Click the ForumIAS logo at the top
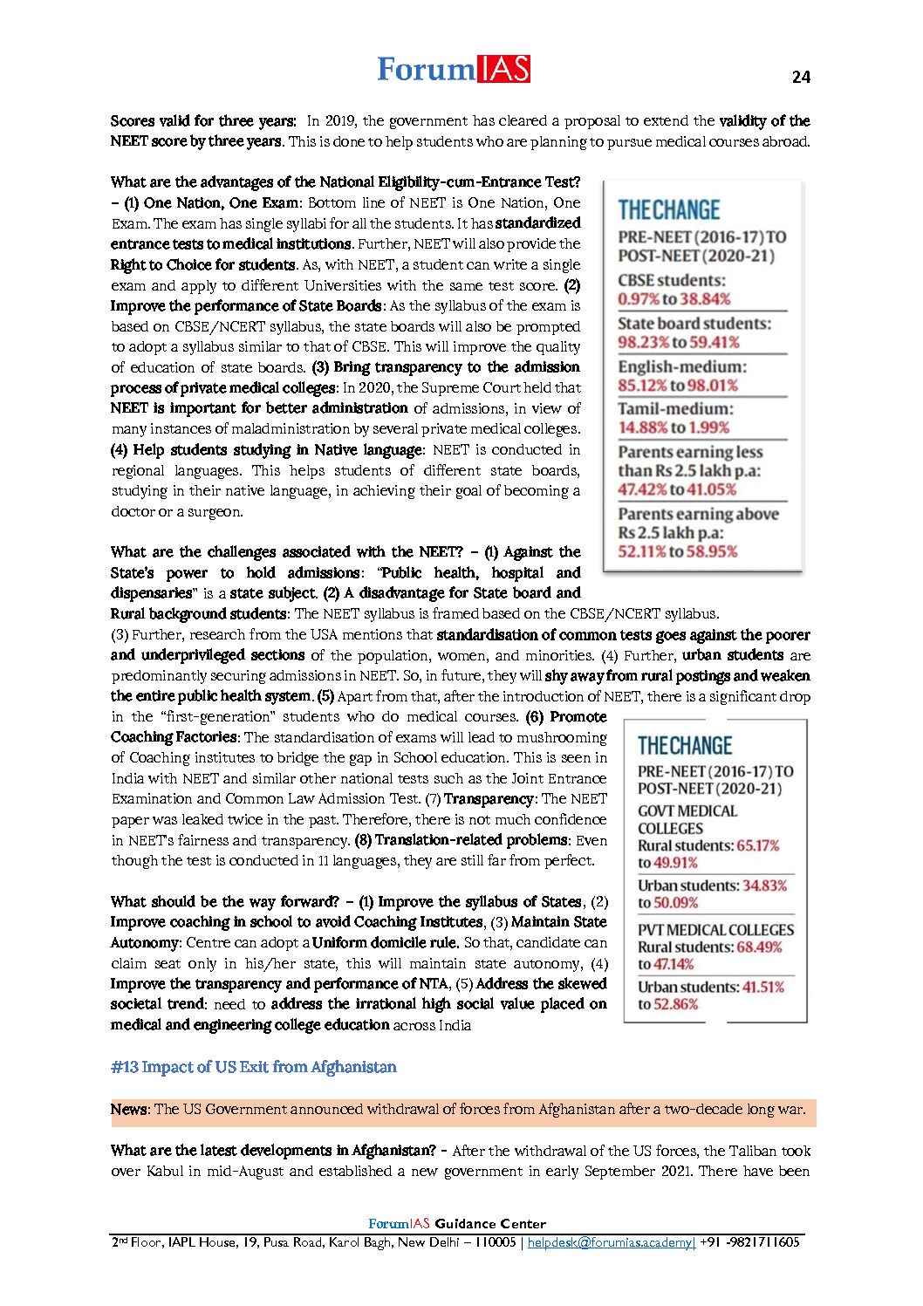pyautogui.click(x=453, y=69)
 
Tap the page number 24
pyautogui.click(x=801, y=77)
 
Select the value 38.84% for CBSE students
pyautogui.click(x=704, y=299)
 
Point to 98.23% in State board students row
pyautogui.click(x=641, y=342)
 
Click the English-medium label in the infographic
pyautogui.click(x=682, y=366)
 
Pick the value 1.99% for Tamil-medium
pyautogui.click(x=710, y=427)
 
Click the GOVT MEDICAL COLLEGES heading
pyautogui.click(x=687, y=819)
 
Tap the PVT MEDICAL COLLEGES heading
pyautogui.click(x=715, y=930)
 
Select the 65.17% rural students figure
pyautogui.click(x=758, y=845)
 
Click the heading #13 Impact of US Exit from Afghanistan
pyautogui.click(x=253, y=1067)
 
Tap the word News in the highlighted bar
pyautogui.click(x=129, y=1110)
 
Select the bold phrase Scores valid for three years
pyautogui.click(x=202, y=121)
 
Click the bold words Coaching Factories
pyautogui.click(x=174, y=737)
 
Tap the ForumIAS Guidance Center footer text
pyautogui.click(x=457, y=1224)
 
